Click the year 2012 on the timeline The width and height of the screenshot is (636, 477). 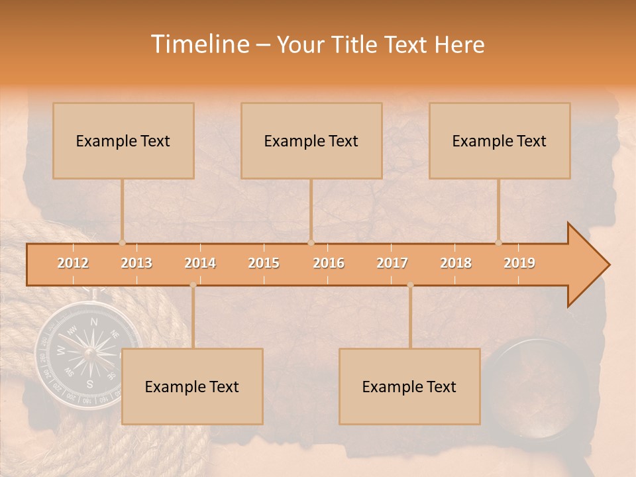pyautogui.click(x=73, y=263)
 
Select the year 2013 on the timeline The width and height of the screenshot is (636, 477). pyautogui.click(x=136, y=263)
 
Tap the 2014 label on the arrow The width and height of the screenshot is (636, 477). pyautogui.click(x=200, y=263)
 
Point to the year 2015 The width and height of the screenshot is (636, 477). pyautogui.click(x=264, y=263)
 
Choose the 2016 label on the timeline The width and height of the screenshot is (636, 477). pyautogui.click(x=329, y=263)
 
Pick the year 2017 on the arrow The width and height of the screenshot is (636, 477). pyautogui.click(x=392, y=263)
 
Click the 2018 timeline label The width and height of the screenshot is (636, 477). pyautogui.click(x=456, y=263)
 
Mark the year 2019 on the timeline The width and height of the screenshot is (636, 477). pyautogui.click(x=519, y=263)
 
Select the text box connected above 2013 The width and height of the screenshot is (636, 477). pyautogui.click(x=123, y=140)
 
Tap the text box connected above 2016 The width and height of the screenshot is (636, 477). pyautogui.click(x=311, y=140)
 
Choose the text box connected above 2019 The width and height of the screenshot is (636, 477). pyautogui.click(x=500, y=140)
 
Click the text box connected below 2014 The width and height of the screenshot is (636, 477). pyautogui.click(x=192, y=386)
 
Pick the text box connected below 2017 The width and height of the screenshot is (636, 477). pyautogui.click(x=409, y=386)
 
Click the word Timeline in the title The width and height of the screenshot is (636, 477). pyautogui.click(x=199, y=44)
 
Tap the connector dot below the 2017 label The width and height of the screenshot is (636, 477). pyautogui.click(x=410, y=285)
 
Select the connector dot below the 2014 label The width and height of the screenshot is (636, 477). pyautogui.click(x=193, y=285)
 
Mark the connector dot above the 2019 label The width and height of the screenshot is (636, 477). pyautogui.click(x=499, y=242)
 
